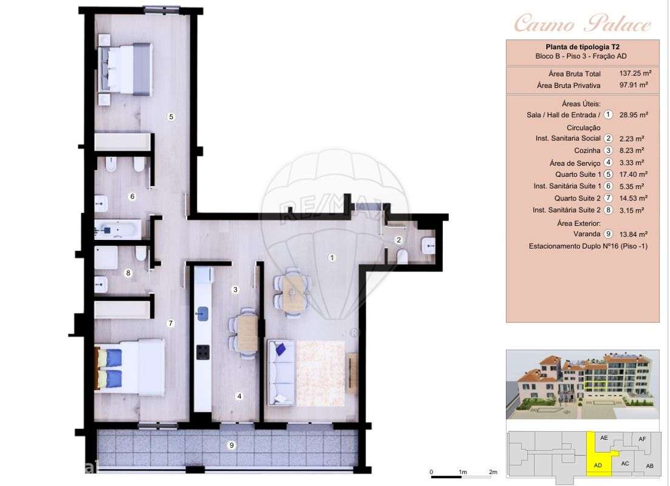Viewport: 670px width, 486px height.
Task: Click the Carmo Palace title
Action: [582, 24]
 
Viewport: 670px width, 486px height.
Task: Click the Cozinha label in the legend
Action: [587, 151]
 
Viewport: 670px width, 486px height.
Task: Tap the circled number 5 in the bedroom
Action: [171, 116]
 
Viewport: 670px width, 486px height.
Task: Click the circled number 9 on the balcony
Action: [231, 445]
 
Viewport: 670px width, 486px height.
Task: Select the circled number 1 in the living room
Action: [332, 258]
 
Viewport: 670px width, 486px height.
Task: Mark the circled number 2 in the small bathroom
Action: [398, 240]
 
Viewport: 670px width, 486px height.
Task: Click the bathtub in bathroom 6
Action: [118, 229]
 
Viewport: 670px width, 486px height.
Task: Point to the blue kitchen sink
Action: [202, 313]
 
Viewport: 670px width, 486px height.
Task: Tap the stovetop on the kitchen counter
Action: [202, 352]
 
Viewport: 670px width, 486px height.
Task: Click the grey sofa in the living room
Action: [281, 372]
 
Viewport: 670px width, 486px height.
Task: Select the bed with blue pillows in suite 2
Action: [130, 368]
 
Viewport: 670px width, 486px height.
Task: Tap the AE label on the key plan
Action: [603, 438]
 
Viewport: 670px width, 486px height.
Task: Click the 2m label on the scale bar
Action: [493, 472]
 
